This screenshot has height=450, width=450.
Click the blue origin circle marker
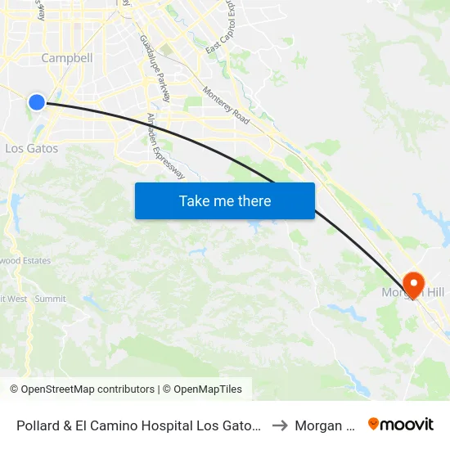point(36,101)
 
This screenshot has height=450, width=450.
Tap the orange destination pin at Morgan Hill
point(414,283)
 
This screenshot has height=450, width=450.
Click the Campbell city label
point(67,58)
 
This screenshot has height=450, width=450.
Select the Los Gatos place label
point(31,148)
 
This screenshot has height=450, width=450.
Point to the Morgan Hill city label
point(406,293)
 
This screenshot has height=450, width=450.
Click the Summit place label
point(51,299)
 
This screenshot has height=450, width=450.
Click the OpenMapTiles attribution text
point(205,389)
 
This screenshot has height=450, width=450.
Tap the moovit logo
point(401,424)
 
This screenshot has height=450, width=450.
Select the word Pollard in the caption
point(38,425)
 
